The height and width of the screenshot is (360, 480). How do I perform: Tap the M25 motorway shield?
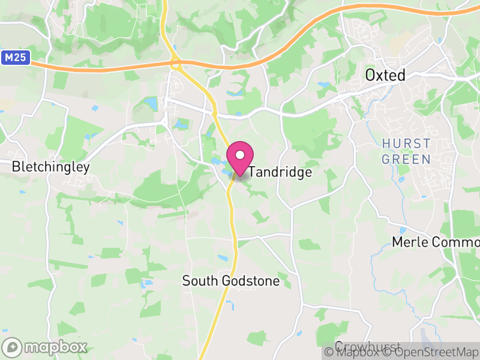point(15,58)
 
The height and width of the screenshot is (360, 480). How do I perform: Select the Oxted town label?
point(385,75)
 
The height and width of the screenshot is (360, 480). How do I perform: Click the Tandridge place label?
point(280,172)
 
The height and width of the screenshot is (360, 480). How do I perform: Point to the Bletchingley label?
point(50,167)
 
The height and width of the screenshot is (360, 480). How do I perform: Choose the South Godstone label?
point(231,281)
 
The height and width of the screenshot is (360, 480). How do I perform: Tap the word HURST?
point(406,144)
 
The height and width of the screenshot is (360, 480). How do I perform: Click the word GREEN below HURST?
point(406,159)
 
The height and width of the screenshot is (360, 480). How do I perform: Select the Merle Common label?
point(435,242)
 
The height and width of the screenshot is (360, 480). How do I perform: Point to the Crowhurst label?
point(359,347)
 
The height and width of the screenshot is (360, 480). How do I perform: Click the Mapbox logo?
point(45,347)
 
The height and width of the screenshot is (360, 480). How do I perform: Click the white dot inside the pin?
point(240,155)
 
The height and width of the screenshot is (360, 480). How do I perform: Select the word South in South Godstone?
point(199,281)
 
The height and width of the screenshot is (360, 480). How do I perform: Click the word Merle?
point(410,242)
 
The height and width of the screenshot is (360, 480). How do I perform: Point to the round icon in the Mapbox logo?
point(12,347)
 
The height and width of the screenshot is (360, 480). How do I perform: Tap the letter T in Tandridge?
point(252,172)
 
